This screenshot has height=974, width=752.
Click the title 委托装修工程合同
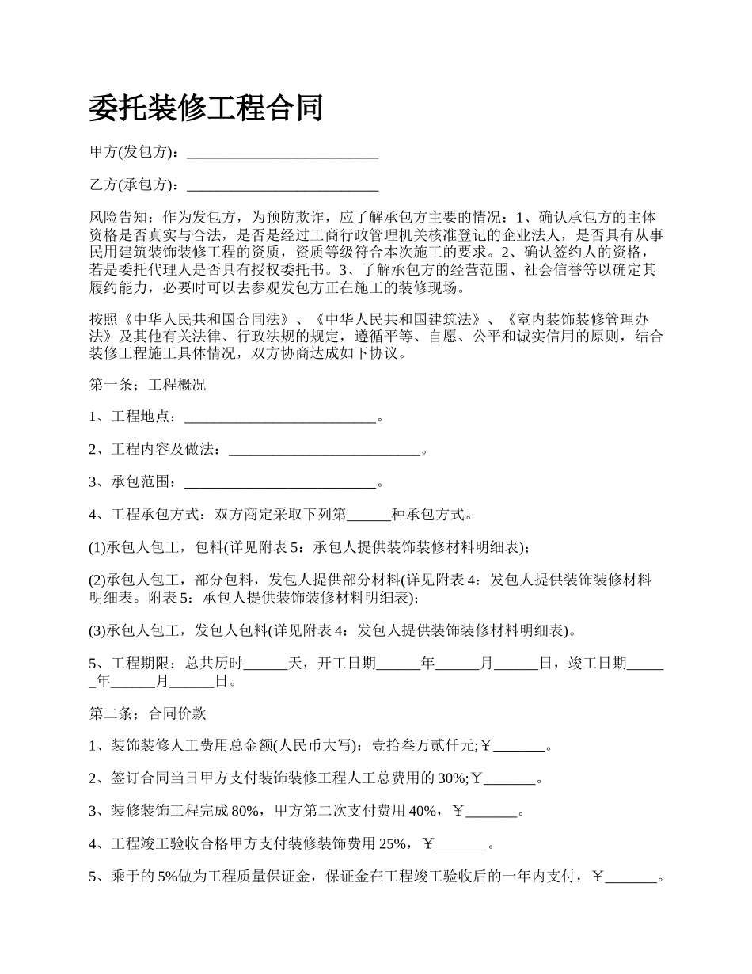click(x=207, y=108)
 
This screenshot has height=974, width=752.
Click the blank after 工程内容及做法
click(x=324, y=451)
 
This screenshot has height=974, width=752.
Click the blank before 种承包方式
click(x=369, y=516)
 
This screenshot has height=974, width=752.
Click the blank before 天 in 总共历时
click(x=265, y=664)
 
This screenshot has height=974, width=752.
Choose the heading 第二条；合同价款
click(x=147, y=713)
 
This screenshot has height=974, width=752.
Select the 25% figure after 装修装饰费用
click(x=393, y=845)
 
